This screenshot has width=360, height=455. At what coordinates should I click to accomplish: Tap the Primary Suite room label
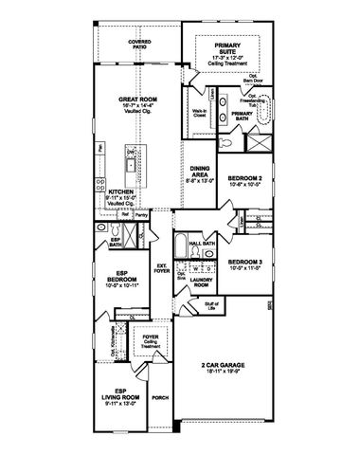pos(227,49)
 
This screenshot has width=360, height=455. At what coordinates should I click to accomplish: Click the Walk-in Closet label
pos(200,117)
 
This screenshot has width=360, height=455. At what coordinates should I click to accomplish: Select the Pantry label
pos(140,215)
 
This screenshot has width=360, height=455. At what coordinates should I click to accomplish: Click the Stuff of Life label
pos(211,304)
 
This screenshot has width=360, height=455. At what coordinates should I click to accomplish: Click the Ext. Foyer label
pos(161,266)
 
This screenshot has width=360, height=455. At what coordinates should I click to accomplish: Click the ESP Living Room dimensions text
pos(115,402)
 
